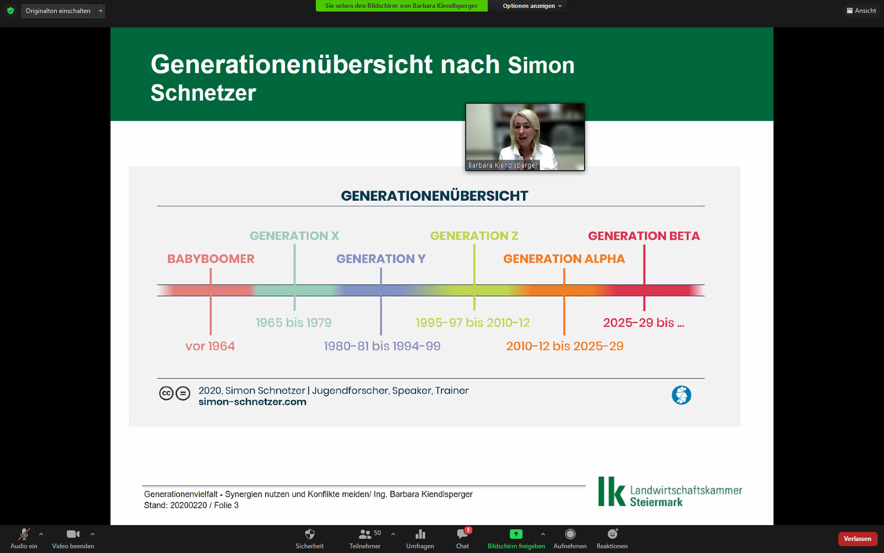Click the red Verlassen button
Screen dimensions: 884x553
click(x=857, y=539)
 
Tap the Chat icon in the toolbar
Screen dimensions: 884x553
click(x=463, y=534)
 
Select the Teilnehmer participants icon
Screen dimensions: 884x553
click(x=365, y=535)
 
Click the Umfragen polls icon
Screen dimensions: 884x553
click(x=420, y=535)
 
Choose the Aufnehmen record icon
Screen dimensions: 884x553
click(x=570, y=534)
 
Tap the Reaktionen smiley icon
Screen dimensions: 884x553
click(x=612, y=534)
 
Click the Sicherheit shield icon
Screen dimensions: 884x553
click(x=310, y=534)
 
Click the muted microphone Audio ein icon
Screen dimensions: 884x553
click(x=24, y=534)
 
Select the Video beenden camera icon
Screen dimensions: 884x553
click(x=73, y=534)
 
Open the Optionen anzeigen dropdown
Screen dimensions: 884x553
click(x=531, y=6)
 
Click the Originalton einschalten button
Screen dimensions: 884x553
click(x=58, y=11)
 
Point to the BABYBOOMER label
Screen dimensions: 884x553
click(x=210, y=259)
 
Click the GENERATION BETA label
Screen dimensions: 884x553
click(x=644, y=236)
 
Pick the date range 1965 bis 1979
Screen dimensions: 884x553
click(x=294, y=323)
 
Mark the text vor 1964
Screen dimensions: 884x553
click(x=210, y=346)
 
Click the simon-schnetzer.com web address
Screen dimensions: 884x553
click(x=252, y=402)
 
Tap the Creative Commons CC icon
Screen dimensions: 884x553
click(x=166, y=393)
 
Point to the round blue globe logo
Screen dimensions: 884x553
click(x=681, y=395)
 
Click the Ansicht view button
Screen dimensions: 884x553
click(x=861, y=11)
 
